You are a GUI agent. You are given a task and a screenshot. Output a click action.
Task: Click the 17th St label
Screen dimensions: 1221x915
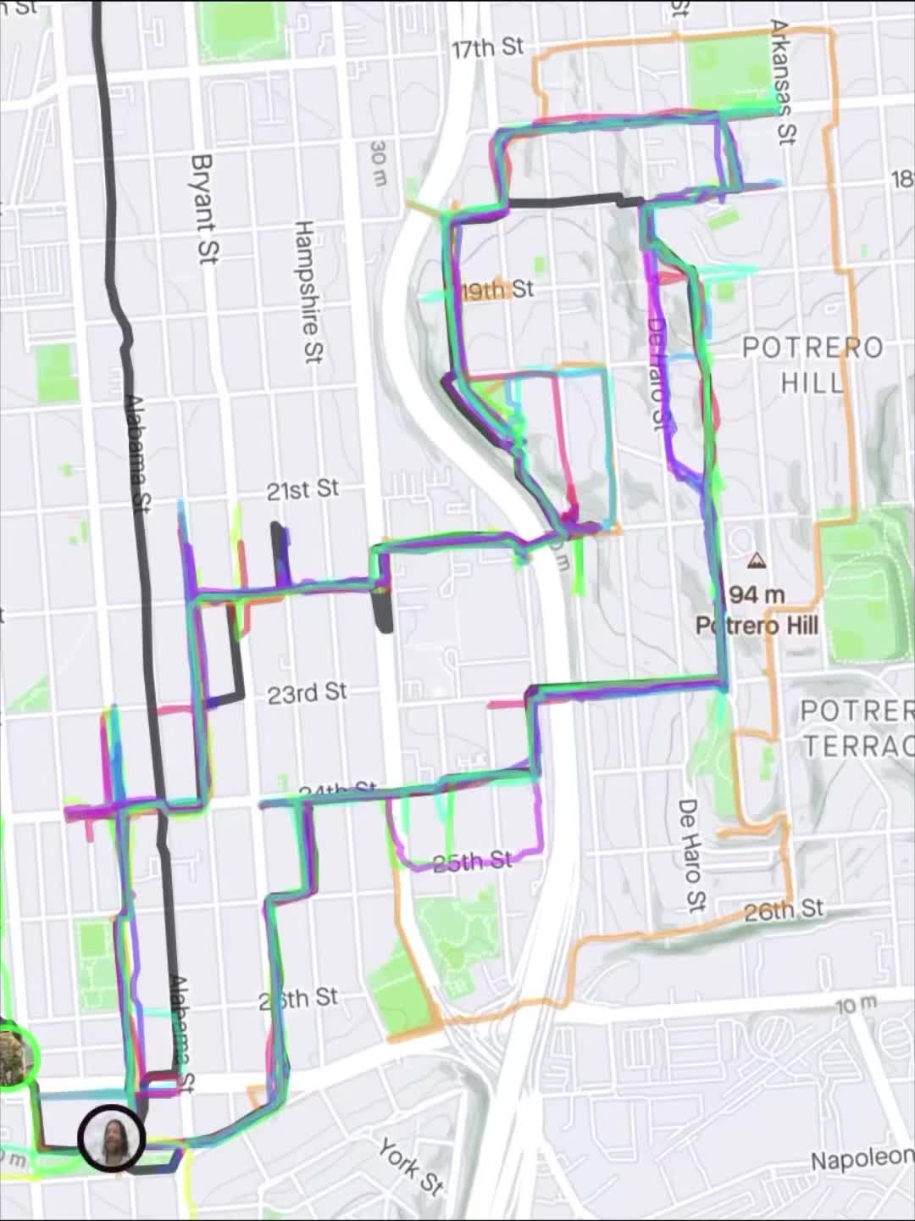tap(488, 47)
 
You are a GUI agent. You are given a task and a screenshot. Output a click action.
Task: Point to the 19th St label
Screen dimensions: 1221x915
tap(499, 290)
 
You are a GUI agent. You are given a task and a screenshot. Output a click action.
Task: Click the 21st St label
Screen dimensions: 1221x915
tap(302, 490)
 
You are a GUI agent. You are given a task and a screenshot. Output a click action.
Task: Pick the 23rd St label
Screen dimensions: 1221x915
tap(307, 694)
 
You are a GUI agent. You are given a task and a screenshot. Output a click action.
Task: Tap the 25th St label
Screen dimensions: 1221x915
tap(473, 862)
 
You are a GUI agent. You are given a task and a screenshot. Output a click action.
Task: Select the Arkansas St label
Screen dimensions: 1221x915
tap(784, 82)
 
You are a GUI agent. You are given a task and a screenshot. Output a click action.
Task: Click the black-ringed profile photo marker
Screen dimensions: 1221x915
tap(111, 1139)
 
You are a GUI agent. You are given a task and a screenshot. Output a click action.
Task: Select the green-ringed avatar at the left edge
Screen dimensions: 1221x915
tap(14, 1056)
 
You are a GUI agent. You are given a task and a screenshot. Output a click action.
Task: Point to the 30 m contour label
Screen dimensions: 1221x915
tap(379, 164)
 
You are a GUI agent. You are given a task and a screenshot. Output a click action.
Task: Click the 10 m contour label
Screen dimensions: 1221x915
tap(857, 1006)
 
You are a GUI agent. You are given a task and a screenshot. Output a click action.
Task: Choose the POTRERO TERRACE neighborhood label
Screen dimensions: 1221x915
tap(856, 728)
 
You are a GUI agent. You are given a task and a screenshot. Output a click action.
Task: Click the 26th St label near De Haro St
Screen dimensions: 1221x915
tap(784, 911)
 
